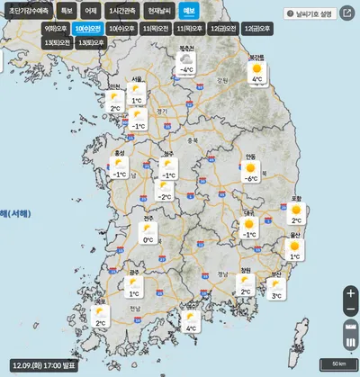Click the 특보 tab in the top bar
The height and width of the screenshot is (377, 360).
pyautogui.click(x=67, y=11)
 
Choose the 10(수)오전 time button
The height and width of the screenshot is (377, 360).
pyautogui.click(x=89, y=29)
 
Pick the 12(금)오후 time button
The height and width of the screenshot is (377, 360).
pyautogui.click(x=253, y=29)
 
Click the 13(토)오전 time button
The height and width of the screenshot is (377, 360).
pyautogui.click(x=57, y=42)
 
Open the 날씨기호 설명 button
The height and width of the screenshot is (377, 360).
pyautogui.click(x=308, y=13)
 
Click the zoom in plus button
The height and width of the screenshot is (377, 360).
pyautogui.click(x=350, y=293)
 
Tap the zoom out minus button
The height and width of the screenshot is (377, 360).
pyautogui.click(x=350, y=310)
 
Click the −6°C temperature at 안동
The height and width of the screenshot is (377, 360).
pyautogui.click(x=253, y=178)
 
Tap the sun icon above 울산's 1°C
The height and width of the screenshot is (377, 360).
pyautogui.click(x=293, y=245)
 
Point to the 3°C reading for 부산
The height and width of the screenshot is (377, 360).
pyautogui.click(x=276, y=295)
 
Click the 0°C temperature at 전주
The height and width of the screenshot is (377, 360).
pyautogui.click(x=147, y=240)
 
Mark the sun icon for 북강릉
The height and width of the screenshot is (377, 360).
pyautogui.click(x=257, y=68)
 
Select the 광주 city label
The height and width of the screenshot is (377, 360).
pyautogui.click(x=133, y=271)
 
